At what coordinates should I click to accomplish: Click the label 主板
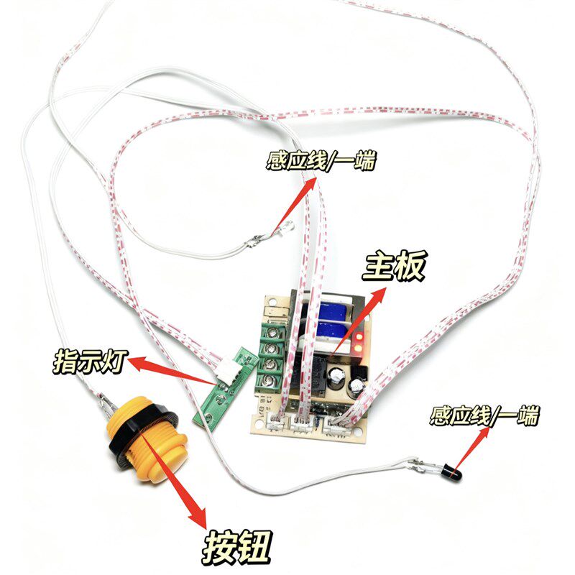394,266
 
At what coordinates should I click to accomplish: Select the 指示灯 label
91,362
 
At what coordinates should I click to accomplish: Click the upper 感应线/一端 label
321,160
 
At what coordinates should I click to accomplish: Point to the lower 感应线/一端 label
484,415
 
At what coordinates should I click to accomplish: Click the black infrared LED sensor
452,472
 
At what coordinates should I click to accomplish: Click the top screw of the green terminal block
272,333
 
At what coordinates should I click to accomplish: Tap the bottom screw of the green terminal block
272,380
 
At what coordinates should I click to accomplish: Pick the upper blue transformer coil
333,311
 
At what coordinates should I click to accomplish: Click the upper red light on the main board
359,336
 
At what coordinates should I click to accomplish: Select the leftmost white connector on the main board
276,422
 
